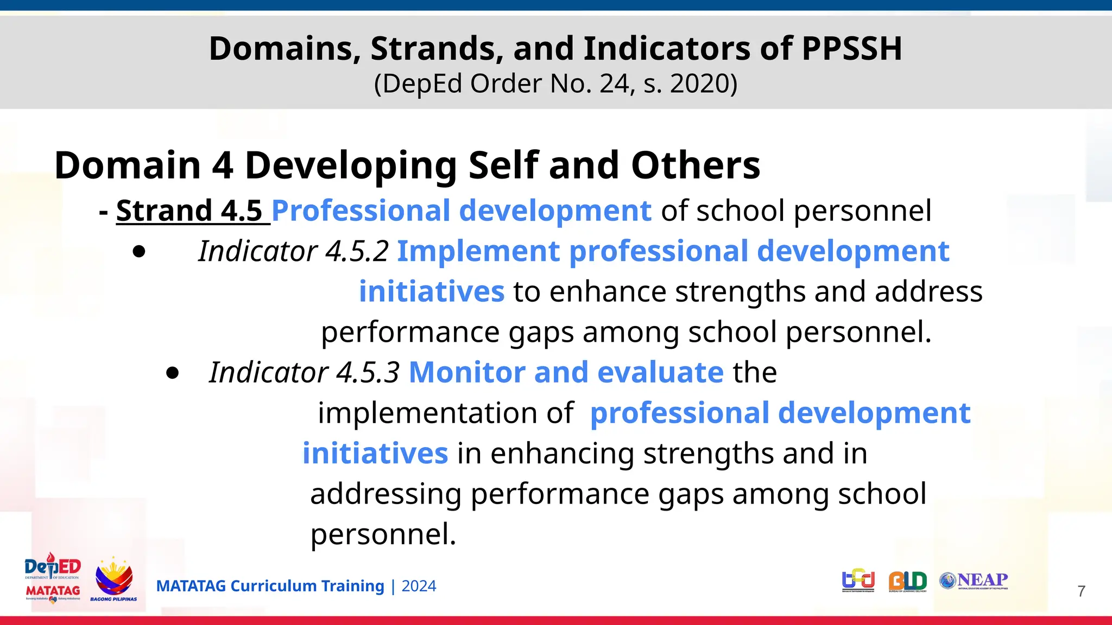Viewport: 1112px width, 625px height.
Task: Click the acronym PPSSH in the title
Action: pos(851,48)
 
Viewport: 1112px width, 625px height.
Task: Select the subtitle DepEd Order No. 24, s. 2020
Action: pos(555,84)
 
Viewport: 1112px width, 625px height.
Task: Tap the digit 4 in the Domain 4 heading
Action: pos(223,165)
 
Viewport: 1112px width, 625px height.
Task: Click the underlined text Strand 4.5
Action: pos(189,211)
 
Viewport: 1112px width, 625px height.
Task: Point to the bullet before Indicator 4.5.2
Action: pos(139,252)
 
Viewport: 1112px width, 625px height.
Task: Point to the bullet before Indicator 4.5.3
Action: pos(173,373)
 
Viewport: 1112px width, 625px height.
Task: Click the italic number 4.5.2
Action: pos(357,251)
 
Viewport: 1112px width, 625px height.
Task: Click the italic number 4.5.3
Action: pos(368,373)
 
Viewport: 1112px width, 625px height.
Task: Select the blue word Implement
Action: pos(478,251)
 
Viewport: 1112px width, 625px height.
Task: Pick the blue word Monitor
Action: pos(466,373)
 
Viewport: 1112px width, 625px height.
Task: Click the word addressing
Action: pos(386,494)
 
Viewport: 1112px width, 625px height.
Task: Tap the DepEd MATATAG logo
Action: pos(53,578)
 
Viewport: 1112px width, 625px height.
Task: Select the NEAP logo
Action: pos(974,581)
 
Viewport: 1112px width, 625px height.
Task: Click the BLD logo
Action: pos(907,581)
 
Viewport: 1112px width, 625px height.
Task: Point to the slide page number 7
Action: pos(1081,591)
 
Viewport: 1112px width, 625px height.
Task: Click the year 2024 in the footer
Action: pos(419,586)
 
